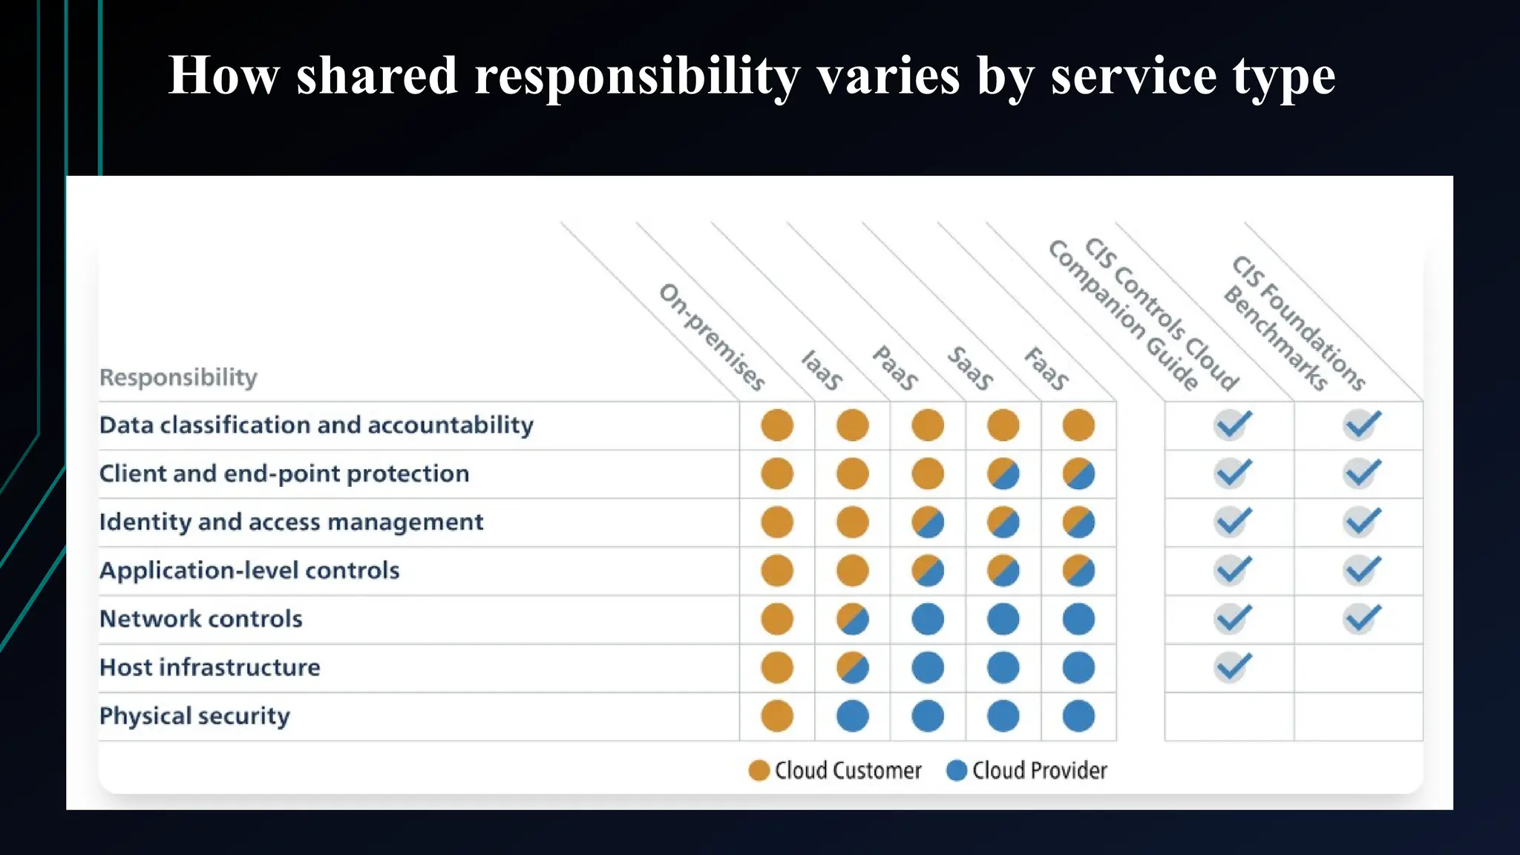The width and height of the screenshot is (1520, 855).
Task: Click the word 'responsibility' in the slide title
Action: tap(635, 76)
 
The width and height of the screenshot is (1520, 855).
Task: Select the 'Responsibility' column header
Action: tap(178, 377)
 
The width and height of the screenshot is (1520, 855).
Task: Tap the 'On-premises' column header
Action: tap(711, 337)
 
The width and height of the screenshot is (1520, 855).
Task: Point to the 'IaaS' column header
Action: tap(822, 370)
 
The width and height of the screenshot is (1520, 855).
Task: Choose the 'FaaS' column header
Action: tap(1046, 368)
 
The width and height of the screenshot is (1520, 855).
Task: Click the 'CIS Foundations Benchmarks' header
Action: tap(1295, 323)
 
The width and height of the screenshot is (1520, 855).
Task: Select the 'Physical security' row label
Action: tap(194, 715)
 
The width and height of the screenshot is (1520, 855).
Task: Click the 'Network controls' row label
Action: tap(200, 619)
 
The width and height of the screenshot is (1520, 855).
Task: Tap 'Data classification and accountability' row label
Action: tap(316, 425)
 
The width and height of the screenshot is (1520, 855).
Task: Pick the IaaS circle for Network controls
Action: tap(852, 619)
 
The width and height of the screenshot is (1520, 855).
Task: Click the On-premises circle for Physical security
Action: tap(777, 716)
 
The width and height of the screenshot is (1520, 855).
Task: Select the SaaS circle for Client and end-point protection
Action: tap(1003, 474)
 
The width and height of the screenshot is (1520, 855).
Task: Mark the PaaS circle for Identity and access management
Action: tap(928, 522)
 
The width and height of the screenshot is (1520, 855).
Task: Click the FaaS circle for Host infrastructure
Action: tap(1078, 667)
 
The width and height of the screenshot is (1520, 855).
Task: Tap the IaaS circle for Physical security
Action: tap(852, 716)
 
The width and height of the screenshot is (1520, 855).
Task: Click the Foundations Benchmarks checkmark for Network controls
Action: tap(1361, 618)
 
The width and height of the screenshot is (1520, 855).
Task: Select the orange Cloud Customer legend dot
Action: tap(759, 770)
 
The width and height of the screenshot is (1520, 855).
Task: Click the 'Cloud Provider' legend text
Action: tap(1039, 770)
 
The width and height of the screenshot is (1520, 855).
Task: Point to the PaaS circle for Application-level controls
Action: tap(928, 571)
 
